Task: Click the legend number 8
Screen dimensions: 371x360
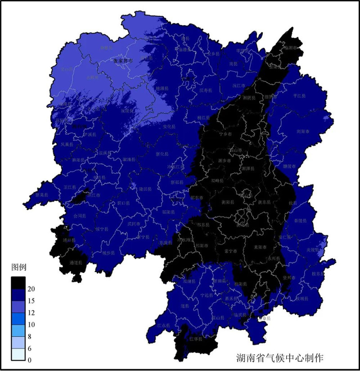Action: [x=30, y=336]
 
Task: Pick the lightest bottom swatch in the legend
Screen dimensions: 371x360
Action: [x=18, y=354]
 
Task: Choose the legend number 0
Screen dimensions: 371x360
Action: [x=30, y=360]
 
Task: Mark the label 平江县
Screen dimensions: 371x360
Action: [x=299, y=96]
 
